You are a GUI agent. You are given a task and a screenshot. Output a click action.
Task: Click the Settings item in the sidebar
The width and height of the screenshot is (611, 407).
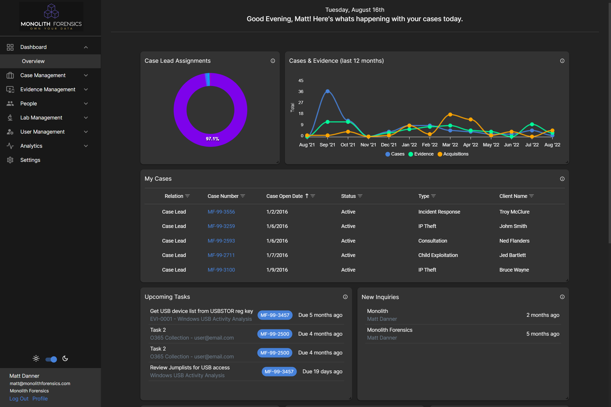pos(30,160)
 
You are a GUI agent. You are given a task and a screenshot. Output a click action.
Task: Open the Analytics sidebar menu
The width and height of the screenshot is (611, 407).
pos(31,146)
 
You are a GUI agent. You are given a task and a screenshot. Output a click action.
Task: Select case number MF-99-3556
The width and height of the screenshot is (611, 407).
pos(221,212)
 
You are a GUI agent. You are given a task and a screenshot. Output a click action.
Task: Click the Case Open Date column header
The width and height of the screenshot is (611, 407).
pos(284,196)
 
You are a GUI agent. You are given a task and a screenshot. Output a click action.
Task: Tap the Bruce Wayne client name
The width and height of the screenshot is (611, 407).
pos(514,270)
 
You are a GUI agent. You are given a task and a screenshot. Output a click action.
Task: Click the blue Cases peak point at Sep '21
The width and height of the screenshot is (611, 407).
pos(327,91)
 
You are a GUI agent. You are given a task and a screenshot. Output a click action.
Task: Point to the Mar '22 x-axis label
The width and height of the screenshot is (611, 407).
pos(450,145)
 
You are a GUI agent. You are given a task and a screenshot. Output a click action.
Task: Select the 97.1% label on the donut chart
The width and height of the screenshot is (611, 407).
pos(212,139)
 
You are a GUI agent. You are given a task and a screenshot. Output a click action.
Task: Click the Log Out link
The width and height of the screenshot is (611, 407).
pos(19,399)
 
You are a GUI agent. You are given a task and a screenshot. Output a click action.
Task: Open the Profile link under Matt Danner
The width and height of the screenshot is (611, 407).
pos(40,399)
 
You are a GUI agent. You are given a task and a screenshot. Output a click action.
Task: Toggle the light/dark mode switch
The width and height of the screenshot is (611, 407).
pos(51,359)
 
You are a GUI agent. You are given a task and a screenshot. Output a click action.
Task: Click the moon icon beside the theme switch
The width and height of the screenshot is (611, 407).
pos(65,359)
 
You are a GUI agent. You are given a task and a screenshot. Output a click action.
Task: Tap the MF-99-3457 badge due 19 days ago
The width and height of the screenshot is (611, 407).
pos(279,371)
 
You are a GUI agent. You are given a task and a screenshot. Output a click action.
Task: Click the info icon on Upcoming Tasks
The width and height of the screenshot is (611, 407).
pos(345,297)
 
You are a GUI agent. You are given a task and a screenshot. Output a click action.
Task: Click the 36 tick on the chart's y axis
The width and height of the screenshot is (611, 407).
pos(301,91)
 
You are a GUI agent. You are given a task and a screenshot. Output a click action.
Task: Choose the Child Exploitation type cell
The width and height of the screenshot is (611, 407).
pos(438,255)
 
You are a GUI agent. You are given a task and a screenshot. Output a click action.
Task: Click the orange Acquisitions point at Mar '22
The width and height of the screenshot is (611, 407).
pos(450,114)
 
